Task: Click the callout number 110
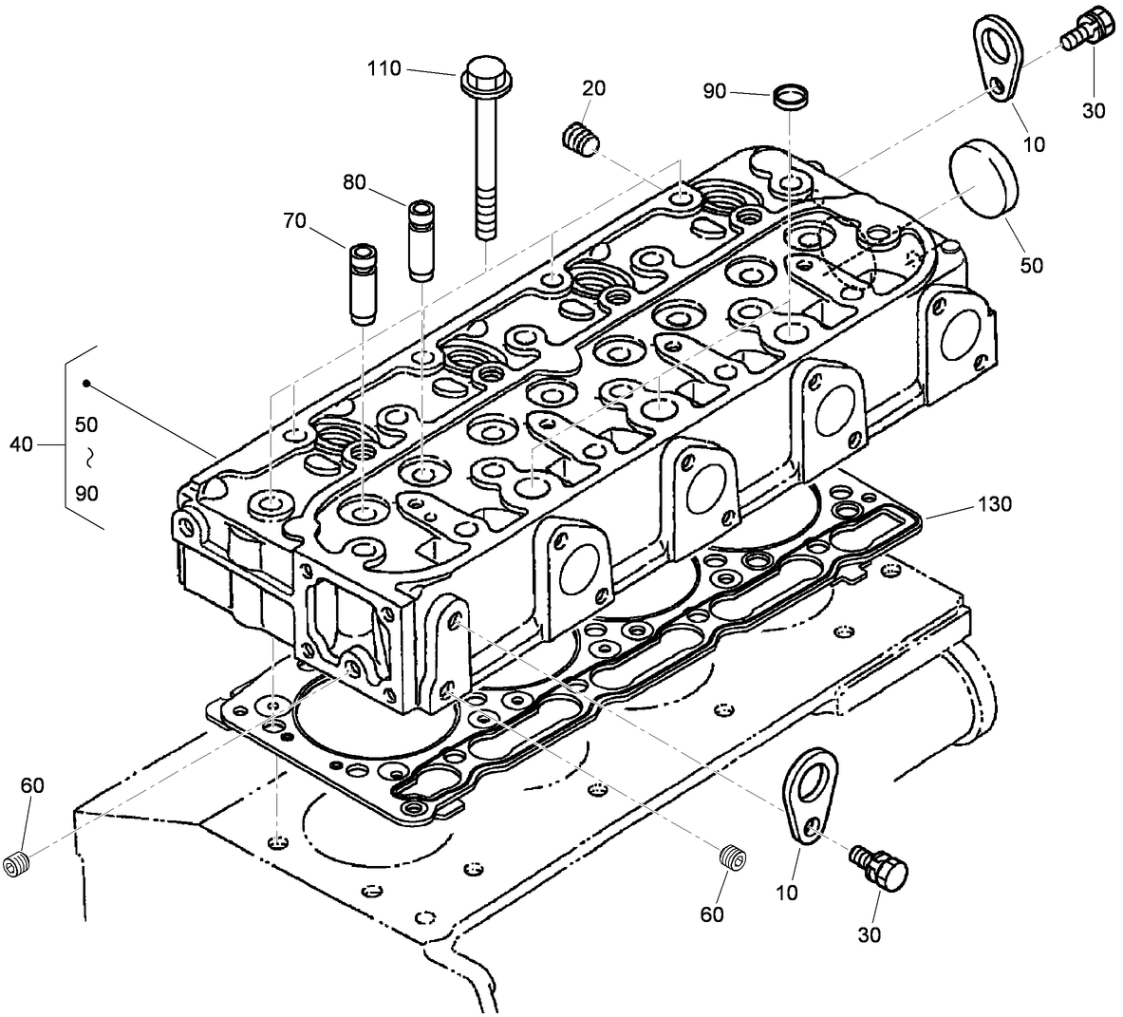pos(384,68)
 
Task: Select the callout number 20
pos(594,88)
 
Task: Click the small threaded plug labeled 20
pos(578,140)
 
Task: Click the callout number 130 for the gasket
pos(993,504)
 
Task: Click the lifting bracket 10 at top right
pos(1000,59)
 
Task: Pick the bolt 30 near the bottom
pos(881,867)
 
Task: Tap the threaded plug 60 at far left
pos(18,865)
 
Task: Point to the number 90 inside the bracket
pos(86,493)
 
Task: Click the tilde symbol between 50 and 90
pos(87,458)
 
